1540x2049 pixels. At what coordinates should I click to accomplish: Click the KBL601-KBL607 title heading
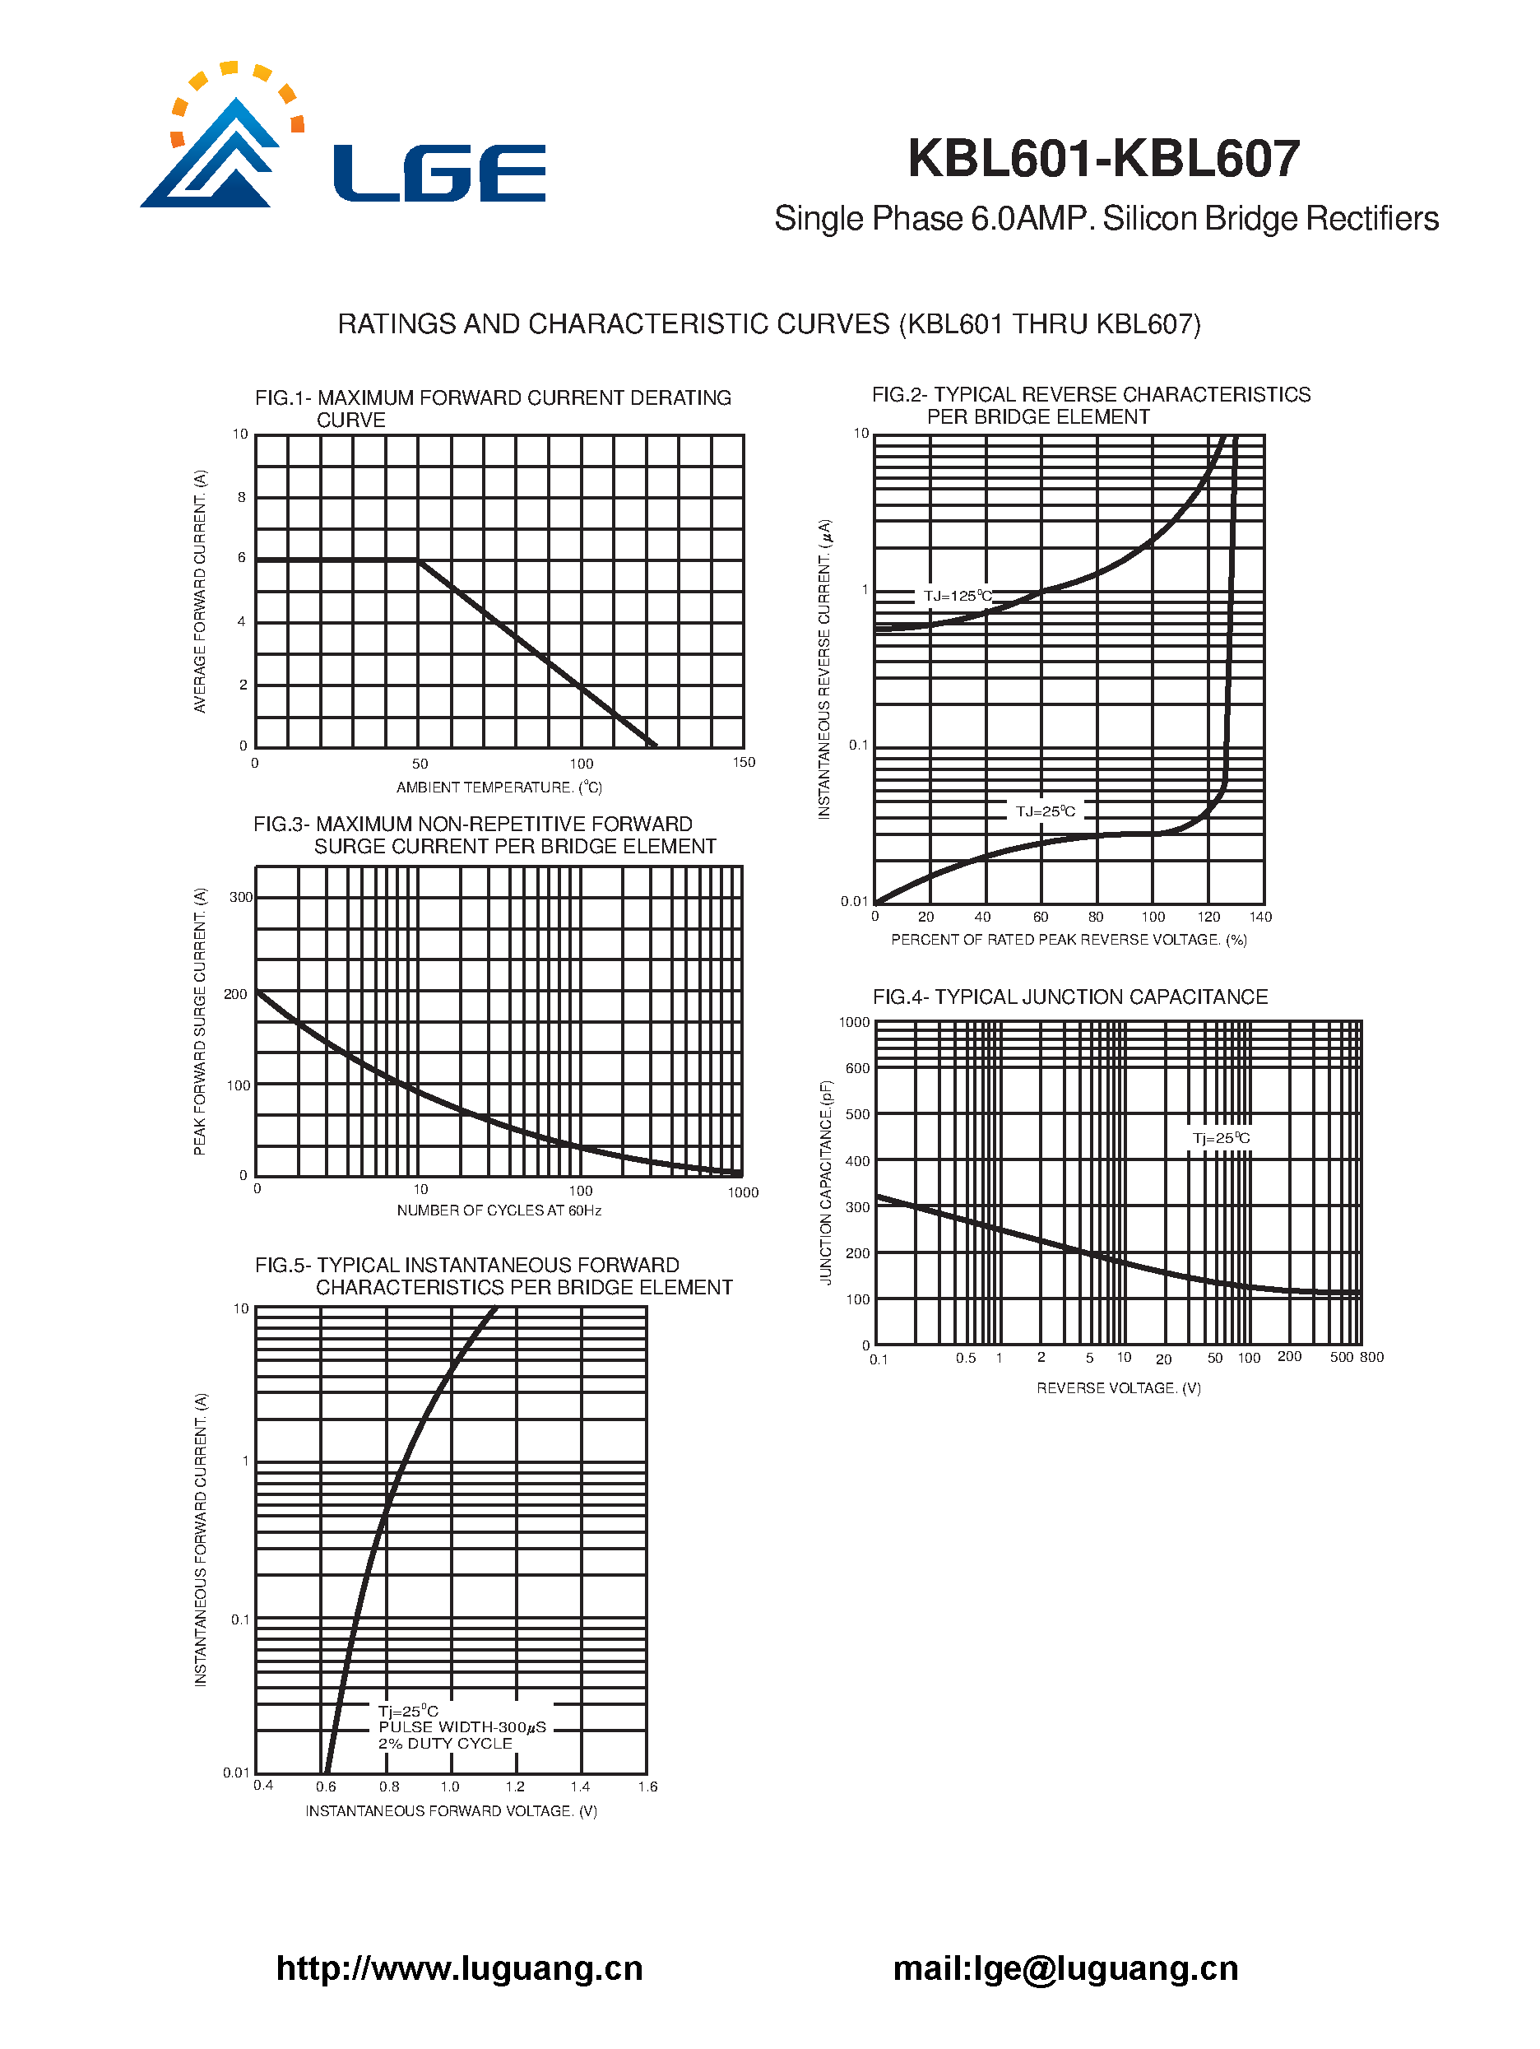click(1103, 158)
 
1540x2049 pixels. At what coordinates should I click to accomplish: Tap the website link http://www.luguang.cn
click(459, 1968)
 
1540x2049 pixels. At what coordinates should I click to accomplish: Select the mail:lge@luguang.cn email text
click(1065, 1968)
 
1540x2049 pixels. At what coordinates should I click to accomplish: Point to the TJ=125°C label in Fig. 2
click(957, 596)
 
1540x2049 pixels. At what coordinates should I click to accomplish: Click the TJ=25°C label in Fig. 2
click(1045, 811)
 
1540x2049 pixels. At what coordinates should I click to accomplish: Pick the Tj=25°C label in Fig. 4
click(1221, 1137)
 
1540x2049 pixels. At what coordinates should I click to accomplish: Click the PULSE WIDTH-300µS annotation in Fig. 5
click(462, 1727)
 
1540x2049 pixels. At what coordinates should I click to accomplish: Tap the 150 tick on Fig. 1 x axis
click(744, 762)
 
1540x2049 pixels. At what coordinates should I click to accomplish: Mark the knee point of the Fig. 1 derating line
click(419, 560)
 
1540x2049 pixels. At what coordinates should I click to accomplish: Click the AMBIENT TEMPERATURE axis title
click(499, 788)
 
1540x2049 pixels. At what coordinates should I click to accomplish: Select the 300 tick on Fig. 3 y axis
click(241, 897)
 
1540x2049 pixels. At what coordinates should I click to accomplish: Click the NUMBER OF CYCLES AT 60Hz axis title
click(499, 1210)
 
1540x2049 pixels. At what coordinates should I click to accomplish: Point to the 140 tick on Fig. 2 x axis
click(1260, 916)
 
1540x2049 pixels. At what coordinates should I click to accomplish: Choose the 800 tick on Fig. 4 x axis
click(1371, 1357)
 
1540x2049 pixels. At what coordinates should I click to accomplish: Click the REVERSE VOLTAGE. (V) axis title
click(1118, 1387)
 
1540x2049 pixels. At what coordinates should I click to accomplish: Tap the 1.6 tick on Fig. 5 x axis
click(647, 1786)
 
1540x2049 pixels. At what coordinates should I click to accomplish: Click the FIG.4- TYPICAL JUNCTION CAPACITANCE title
click(1069, 997)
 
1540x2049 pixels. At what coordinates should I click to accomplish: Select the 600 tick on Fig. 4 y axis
click(857, 1068)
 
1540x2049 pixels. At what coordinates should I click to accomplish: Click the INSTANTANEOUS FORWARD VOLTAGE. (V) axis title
click(451, 1811)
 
